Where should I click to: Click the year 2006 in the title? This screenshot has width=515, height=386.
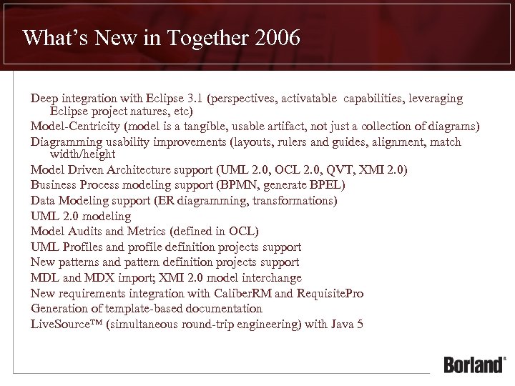pos(276,37)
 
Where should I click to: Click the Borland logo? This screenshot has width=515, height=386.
pos(474,364)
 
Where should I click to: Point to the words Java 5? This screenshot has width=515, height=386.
pos(347,324)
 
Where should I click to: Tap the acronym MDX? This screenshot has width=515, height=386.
pos(90,278)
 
